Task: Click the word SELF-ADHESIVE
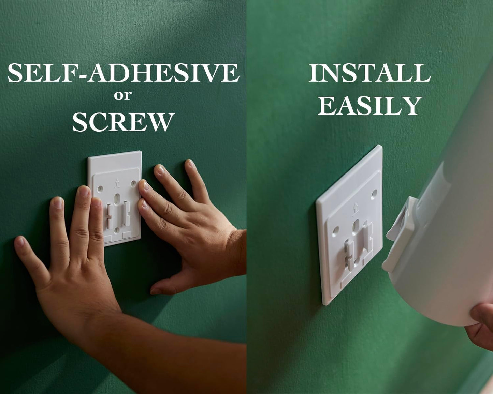124,73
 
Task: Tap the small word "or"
123,96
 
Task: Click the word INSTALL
370,73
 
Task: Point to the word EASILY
370,106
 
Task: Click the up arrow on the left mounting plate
117,183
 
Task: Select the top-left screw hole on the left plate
100,189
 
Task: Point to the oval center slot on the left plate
117,198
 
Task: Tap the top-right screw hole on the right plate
374,194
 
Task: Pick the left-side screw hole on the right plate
336,230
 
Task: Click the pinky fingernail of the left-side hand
20,242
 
